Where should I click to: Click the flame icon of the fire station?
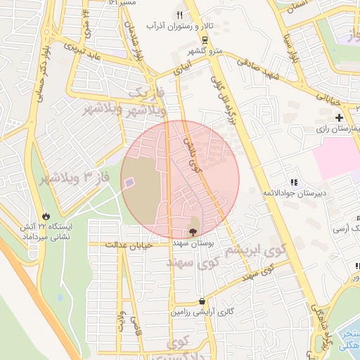coord(46,216)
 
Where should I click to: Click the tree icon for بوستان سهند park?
coord(193,231)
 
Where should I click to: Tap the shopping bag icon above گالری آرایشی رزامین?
coord(202,300)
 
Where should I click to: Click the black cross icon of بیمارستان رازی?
coord(340,117)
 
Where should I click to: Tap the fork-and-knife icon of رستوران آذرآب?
coord(179,15)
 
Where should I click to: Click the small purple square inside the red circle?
coord(129,183)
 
